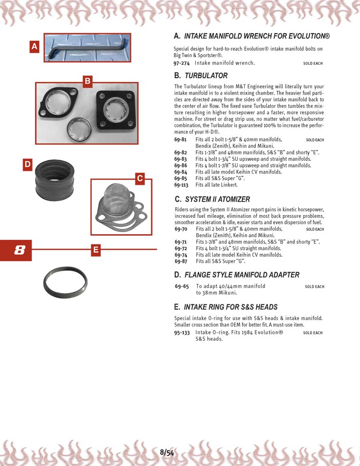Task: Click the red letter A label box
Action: (34, 47)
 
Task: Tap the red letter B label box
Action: (87, 81)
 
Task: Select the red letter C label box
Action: (139, 179)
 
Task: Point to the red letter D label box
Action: (27, 165)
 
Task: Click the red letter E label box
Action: (96, 250)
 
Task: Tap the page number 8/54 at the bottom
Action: (167, 452)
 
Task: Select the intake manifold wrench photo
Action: (87, 48)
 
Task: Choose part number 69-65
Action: (182, 287)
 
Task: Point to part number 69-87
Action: (180, 262)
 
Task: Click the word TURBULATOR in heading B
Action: (206, 76)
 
